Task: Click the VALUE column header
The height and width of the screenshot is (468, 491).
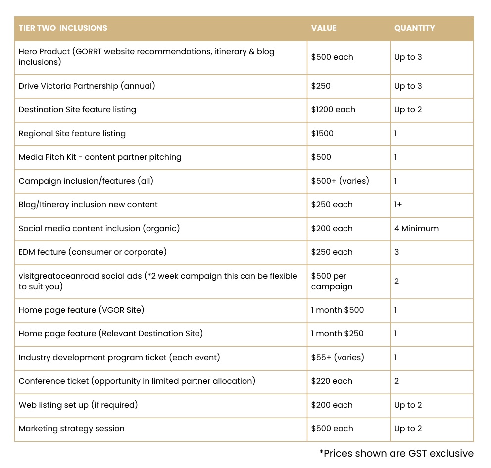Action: (324, 28)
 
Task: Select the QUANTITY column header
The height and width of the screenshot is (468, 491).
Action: (414, 28)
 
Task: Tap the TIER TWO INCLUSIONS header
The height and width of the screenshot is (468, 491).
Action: (63, 28)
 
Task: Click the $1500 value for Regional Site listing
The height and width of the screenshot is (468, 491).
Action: (322, 134)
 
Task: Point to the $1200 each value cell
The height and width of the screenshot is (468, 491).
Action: (333, 110)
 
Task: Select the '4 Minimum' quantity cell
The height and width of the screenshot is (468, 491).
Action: (416, 229)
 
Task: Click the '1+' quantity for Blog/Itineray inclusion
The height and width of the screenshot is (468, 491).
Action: (398, 205)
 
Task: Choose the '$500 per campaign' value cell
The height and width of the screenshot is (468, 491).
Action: (332, 281)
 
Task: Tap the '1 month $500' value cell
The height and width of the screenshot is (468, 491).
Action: (337, 310)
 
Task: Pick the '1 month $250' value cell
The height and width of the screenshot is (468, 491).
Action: (337, 334)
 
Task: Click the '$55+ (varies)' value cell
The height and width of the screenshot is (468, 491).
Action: (338, 358)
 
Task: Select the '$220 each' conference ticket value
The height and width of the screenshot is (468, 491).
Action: (332, 381)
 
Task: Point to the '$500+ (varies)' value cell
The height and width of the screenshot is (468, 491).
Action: (340, 181)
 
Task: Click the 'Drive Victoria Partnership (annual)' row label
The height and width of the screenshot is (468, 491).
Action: (87, 86)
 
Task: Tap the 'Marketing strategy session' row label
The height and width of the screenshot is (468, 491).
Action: (72, 429)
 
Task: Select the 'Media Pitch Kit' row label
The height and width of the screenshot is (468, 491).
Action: (100, 157)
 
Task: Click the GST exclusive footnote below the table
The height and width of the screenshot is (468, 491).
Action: (396, 453)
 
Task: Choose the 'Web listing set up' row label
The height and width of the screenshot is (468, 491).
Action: (78, 405)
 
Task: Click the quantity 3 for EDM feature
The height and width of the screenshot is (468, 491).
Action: (397, 252)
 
